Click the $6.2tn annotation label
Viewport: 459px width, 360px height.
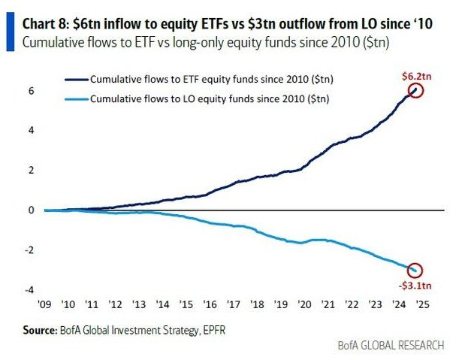point(413,76)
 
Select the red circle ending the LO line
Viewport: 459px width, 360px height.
point(415,270)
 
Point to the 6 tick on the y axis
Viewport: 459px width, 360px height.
point(31,91)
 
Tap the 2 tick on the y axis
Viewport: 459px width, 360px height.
point(31,171)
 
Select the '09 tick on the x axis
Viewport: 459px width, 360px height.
point(45,305)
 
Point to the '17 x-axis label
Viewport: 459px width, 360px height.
point(234,305)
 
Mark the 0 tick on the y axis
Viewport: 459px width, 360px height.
point(31,210)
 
